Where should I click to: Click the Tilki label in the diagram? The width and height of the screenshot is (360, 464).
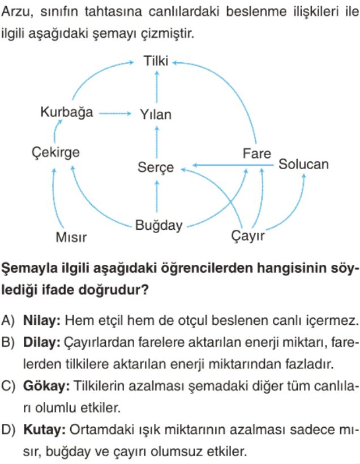coord(156,61)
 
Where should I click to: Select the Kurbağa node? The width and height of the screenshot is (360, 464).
coord(67,112)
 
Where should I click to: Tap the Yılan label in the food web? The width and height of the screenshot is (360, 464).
coord(156,114)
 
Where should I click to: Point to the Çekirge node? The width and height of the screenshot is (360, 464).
coord(55,153)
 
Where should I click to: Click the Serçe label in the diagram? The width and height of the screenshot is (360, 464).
coord(156,167)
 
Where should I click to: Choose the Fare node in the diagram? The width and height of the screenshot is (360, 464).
coord(256,153)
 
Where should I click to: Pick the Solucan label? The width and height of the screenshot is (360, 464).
coord(303,164)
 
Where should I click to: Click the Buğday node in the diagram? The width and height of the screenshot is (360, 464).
coord(159,225)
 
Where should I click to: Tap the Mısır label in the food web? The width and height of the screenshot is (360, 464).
coord(71,237)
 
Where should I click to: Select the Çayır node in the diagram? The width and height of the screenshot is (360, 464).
coord(248,236)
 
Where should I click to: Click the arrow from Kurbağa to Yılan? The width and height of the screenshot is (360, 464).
coord(114,113)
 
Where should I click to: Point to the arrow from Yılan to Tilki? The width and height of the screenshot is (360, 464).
coord(157,87)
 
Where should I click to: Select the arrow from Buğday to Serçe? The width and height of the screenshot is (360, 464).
coord(157,196)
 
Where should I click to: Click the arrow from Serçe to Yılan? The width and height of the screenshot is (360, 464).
coord(157,141)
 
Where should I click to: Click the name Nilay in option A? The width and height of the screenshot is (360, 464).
coord(42,320)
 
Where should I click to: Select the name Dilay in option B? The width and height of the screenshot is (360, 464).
coord(42,342)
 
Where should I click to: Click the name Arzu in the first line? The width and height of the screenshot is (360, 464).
coord(17,12)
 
